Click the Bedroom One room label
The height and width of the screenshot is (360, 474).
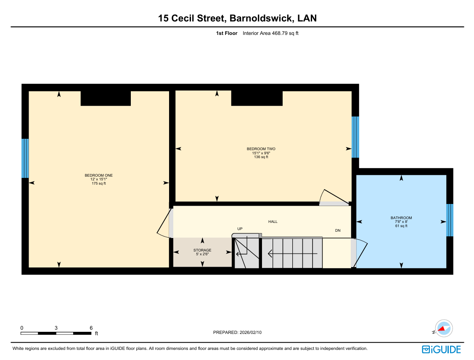(x=98, y=175)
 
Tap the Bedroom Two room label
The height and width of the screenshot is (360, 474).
(x=261, y=149)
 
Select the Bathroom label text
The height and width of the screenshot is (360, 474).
(x=401, y=217)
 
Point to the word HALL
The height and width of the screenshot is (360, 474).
(x=273, y=222)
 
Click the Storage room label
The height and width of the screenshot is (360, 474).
(x=202, y=250)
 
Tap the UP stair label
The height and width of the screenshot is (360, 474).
(x=240, y=229)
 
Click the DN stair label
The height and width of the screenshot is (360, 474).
(x=338, y=230)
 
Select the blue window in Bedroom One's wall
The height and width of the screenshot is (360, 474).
(x=25, y=159)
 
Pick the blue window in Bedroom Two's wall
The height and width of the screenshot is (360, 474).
(x=355, y=137)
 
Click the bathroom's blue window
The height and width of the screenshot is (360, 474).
(x=450, y=220)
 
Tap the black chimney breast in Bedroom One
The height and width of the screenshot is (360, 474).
(x=106, y=98)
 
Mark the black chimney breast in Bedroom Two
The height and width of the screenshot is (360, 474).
(x=257, y=98)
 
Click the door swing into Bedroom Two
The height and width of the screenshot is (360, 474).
(x=334, y=196)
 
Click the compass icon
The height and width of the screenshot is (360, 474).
(x=443, y=328)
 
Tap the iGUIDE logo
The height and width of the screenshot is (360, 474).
(x=441, y=349)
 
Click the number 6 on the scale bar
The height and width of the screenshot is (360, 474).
(x=91, y=328)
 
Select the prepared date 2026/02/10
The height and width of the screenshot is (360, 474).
(x=251, y=333)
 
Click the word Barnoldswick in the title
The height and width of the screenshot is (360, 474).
(x=261, y=18)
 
